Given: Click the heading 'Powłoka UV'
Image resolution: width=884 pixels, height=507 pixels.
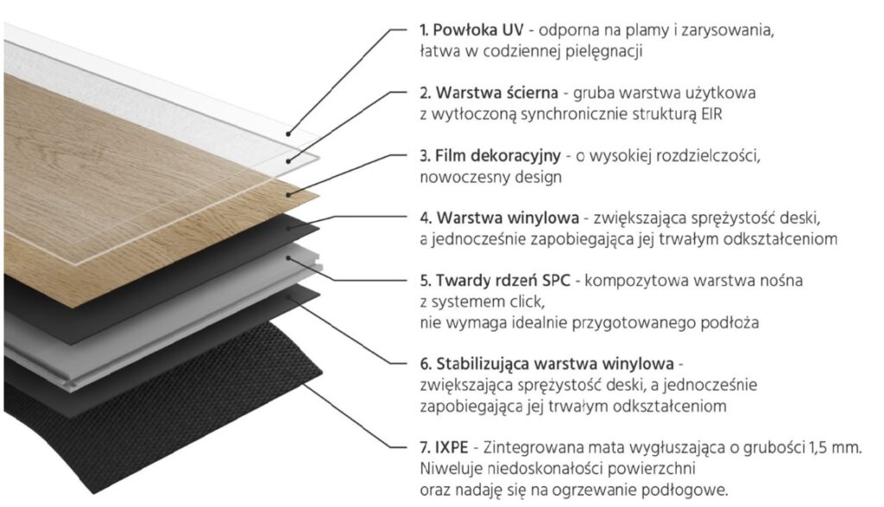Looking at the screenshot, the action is pyautogui.click(x=479, y=29).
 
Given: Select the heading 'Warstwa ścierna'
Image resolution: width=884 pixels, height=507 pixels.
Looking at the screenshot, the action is pyautogui.click(x=496, y=92).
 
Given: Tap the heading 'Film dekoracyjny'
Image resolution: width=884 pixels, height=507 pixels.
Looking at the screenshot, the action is pyautogui.click(x=498, y=155).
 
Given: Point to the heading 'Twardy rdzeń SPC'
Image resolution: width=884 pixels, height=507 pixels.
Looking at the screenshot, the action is pyautogui.click(x=503, y=281).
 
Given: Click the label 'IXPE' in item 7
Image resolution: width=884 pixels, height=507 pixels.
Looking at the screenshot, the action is pyautogui.click(x=451, y=447).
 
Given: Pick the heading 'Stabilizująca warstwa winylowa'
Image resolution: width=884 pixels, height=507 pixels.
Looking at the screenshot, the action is pyautogui.click(x=555, y=364).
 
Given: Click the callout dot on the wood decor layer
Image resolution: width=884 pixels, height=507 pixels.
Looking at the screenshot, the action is pyautogui.click(x=288, y=195).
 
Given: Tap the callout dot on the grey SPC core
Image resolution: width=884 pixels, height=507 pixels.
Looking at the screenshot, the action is pyautogui.click(x=288, y=258).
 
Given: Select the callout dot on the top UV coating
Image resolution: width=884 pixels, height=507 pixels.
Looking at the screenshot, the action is pyautogui.click(x=288, y=134).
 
